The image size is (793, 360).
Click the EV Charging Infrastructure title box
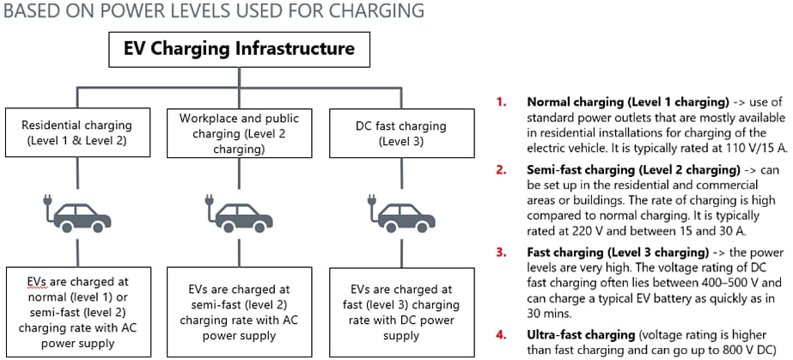point(240,48)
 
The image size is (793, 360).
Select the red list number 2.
point(501,170)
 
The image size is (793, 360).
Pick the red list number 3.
point(501,253)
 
